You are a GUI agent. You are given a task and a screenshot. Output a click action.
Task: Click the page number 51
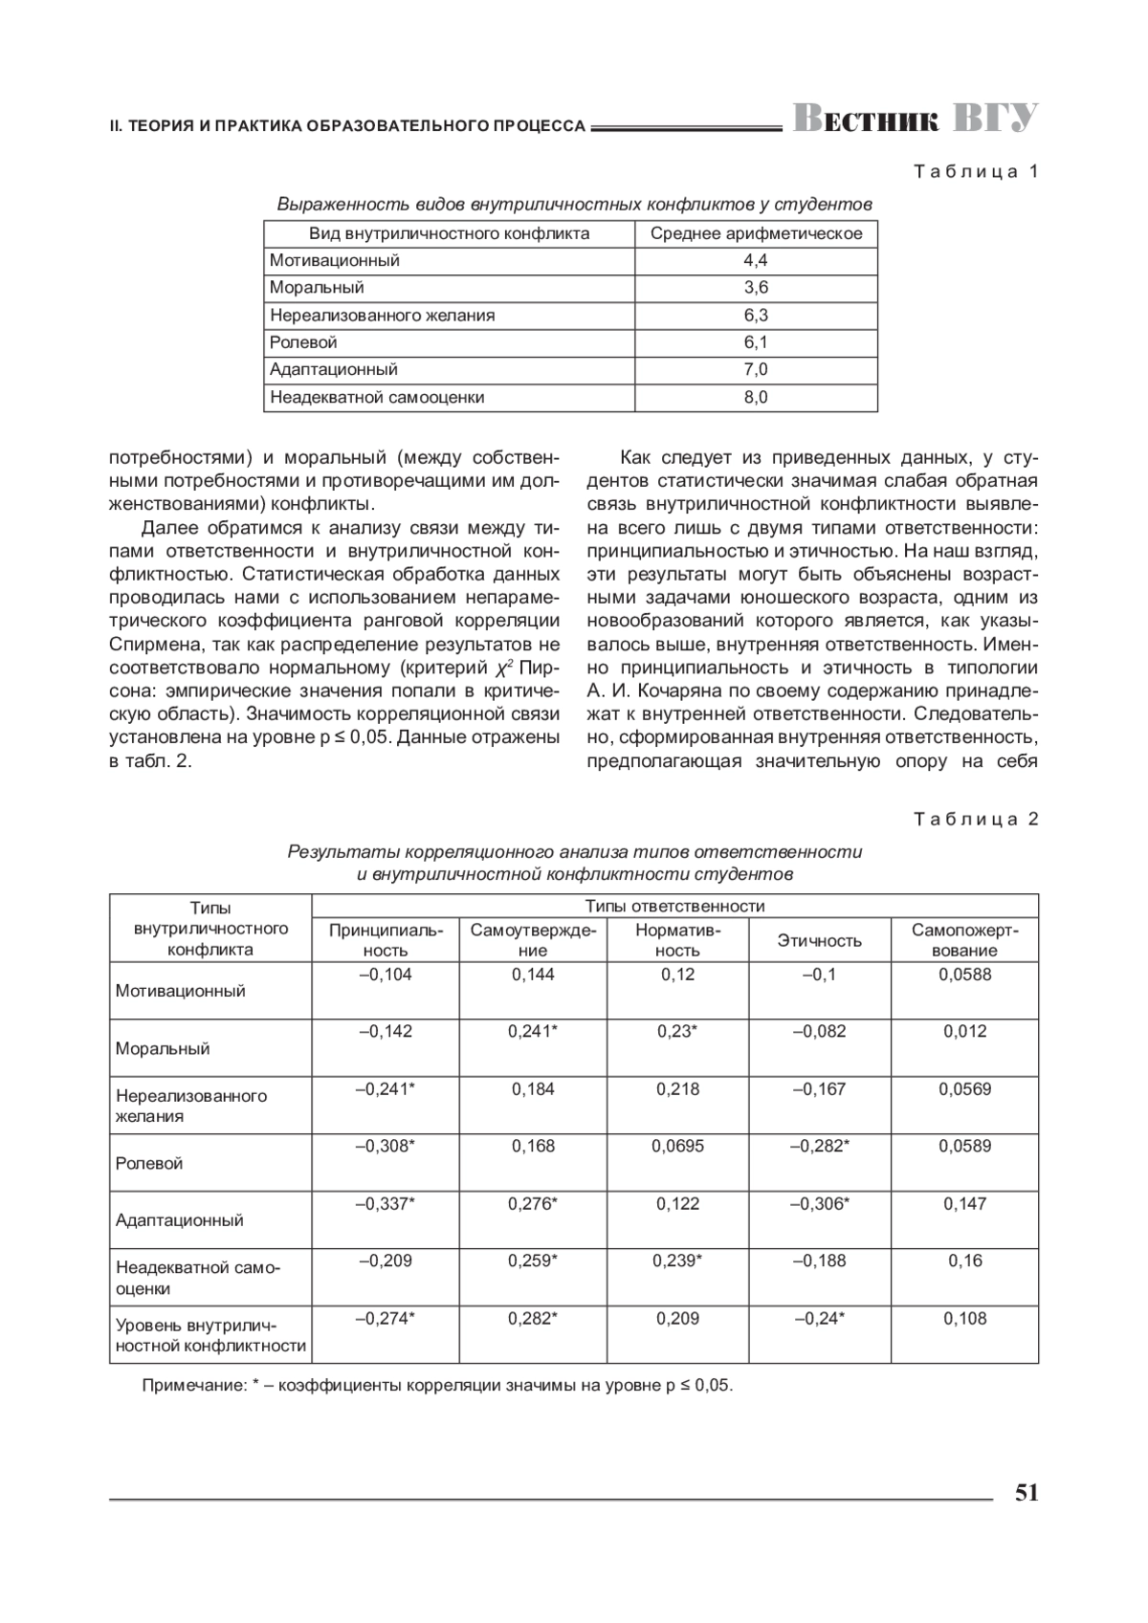point(1026,1493)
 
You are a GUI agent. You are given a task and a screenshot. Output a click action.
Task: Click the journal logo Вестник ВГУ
point(915,119)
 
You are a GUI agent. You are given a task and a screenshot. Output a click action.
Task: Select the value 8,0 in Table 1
point(756,397)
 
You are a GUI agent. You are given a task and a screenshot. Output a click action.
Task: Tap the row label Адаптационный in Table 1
point(334,369)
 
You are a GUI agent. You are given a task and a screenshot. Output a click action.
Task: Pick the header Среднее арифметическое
point(756,233)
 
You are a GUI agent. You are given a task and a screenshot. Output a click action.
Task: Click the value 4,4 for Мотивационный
point(756,260)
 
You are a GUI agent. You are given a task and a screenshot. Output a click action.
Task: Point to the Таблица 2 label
point(976,819)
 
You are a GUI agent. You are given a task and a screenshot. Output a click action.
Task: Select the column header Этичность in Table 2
point(820,940)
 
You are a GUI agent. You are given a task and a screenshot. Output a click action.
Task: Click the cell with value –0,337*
point(386,1203)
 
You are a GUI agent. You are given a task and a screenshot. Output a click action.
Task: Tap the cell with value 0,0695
point(677,1146)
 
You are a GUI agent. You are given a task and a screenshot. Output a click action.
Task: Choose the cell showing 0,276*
point(533,1203)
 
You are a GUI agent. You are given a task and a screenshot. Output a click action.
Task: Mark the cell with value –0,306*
point(820,1203)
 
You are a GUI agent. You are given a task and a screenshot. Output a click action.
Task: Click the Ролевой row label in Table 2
point(149,1163)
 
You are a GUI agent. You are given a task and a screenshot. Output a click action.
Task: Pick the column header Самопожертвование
point(964,940)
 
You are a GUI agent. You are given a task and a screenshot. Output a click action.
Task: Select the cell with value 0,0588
point(964,975)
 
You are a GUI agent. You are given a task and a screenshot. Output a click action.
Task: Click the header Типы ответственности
point(674,906)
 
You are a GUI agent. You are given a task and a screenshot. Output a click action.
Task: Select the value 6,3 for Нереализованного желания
point(756,315)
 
